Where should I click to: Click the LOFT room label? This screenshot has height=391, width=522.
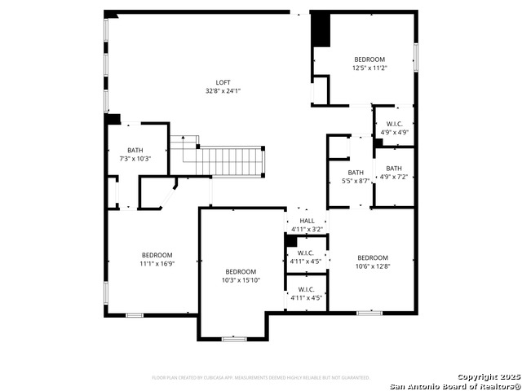click(223, 82)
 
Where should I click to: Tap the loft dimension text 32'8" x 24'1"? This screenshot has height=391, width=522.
click(223, 91)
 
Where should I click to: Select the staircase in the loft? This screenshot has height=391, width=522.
click(232, 160)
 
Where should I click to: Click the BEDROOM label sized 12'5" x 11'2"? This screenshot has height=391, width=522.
click(369, 59)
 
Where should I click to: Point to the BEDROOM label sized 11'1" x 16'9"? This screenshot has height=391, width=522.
click(157, 255)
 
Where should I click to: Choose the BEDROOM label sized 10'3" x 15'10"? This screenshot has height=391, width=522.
click(241, 271)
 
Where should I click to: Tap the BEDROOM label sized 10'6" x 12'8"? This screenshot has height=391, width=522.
click(372, 257)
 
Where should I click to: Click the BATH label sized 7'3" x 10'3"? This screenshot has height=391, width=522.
click(135, 150)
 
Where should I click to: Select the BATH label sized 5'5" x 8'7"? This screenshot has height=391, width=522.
click(356, 172)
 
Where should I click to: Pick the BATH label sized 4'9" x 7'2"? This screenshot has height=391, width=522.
click(394, 168)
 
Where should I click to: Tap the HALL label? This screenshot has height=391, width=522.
click(307, 221)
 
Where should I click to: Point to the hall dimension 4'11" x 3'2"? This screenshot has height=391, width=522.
click(307, 230)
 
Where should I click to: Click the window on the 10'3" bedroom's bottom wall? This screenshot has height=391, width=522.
click(234, 338)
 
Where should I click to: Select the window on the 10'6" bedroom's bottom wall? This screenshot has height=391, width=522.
click(369, 312)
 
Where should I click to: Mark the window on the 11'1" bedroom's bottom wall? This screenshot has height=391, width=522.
click(135, 315)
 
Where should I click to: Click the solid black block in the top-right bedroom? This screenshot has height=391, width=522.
click(321, 30)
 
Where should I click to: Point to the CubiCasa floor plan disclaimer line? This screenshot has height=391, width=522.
click(261, 377)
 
